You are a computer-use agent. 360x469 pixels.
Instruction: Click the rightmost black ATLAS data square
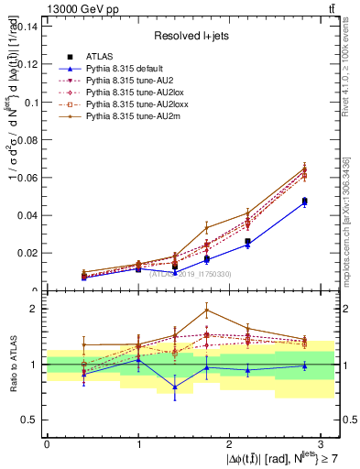pyautogui.click(x=304, y=201)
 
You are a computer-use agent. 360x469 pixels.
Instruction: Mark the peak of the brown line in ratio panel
pyautogui.click(x=207, y=309)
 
